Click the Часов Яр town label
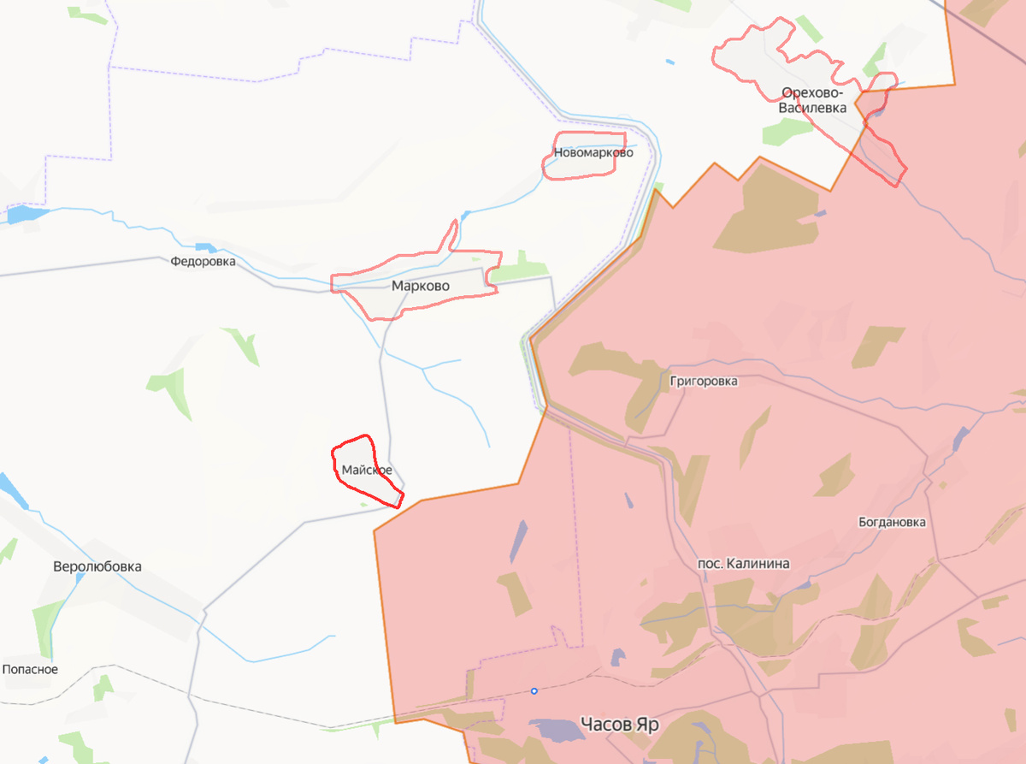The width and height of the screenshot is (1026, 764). point(620,725)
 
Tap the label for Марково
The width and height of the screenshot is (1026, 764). point(421,286)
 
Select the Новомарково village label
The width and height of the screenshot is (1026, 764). point(593,153)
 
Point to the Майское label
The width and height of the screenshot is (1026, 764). point(367,470)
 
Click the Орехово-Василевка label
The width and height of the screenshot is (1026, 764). point(812,100)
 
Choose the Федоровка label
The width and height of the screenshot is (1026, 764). point(203,262)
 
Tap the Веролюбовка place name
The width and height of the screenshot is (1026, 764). point(97,566)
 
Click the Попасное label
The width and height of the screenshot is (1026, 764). point(31,669)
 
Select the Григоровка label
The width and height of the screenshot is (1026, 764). point(705,382)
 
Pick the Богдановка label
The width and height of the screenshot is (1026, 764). point(893,522)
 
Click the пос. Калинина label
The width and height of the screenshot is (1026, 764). point(744,564)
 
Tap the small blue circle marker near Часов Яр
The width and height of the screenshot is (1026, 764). point(534,691)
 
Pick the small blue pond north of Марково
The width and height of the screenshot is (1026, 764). point(466,212)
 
